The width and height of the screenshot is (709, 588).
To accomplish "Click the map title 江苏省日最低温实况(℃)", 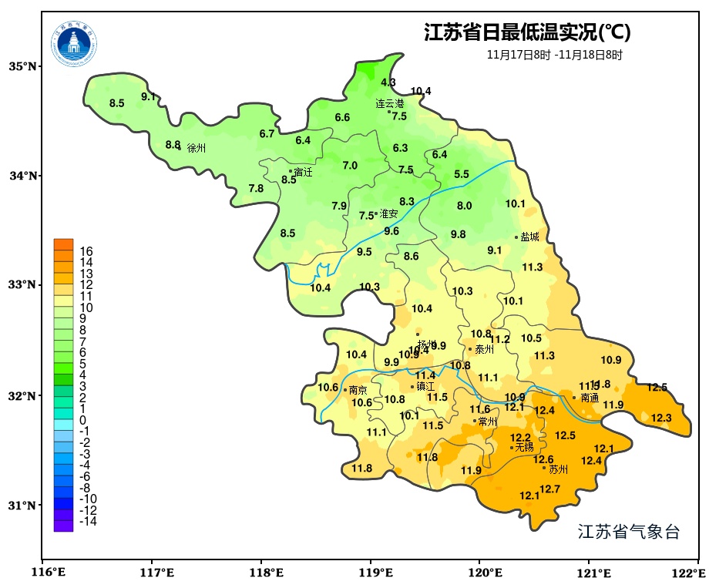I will pos(527,33).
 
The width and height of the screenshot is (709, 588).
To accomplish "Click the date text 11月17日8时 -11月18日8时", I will pos(554,55).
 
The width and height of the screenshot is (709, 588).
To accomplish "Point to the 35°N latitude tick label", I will pos(23,66).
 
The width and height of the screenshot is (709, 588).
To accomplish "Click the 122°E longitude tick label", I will pos(691,573).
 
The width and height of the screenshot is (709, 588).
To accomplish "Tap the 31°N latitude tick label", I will pos(23,506).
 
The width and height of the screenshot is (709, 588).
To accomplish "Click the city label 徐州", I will pos(197,148).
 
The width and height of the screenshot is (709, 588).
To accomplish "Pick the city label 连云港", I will pos(390,103).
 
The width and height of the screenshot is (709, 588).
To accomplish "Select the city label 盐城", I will pos(529,237).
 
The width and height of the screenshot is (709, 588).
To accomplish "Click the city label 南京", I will pos(358,391).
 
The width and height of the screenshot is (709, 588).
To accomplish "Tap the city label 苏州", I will pos(558,469).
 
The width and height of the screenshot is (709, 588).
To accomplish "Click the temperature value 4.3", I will pos(388,82).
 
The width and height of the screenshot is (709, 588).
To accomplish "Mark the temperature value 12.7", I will pos(549,489).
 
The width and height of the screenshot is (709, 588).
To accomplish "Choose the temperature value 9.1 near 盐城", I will pos(494,250).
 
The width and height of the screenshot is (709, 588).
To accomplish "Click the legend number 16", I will pos(86,251).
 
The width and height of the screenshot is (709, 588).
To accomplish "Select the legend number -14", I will pos(87,522).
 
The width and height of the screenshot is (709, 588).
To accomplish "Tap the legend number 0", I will pos(82,420).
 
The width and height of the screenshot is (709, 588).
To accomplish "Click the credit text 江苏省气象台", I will pos(628,532).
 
